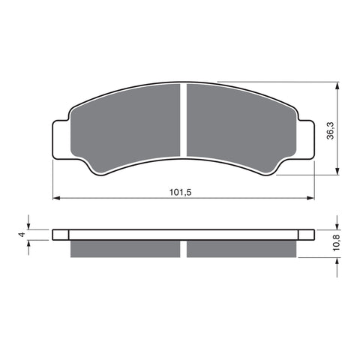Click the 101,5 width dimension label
coord(181,192)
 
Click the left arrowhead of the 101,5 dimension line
coord(55,199)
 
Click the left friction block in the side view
coord(125,247)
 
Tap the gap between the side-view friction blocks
coord(184,247)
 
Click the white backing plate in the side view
coord(184,234)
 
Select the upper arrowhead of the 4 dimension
coord(28,225)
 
